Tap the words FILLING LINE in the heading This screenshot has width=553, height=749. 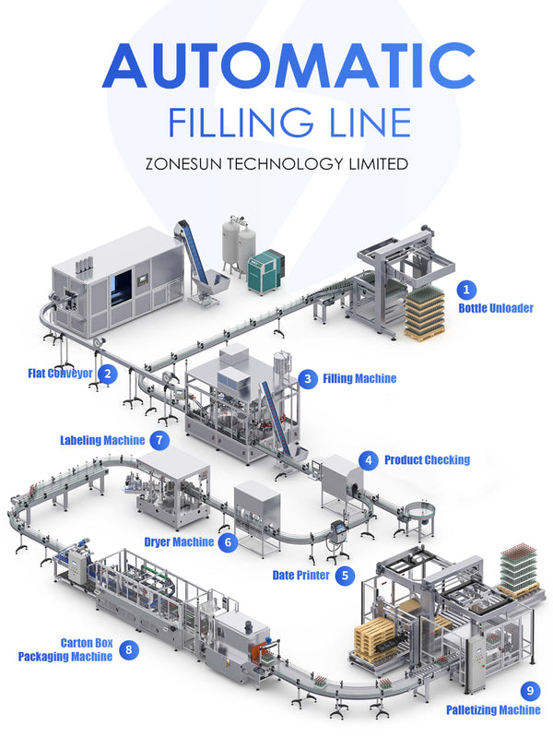276,123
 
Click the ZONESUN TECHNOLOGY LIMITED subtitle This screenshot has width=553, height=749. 276,164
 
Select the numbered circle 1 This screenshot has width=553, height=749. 467,291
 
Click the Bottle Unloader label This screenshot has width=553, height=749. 496,309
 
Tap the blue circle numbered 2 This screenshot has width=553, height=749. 109,374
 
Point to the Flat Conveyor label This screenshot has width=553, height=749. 60,374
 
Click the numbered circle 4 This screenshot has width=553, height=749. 369,459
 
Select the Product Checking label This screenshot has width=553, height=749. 427,459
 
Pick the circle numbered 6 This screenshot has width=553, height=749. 228,542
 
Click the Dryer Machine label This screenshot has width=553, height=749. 179,542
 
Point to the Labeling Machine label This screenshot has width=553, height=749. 102,440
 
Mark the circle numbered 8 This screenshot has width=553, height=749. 128,649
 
